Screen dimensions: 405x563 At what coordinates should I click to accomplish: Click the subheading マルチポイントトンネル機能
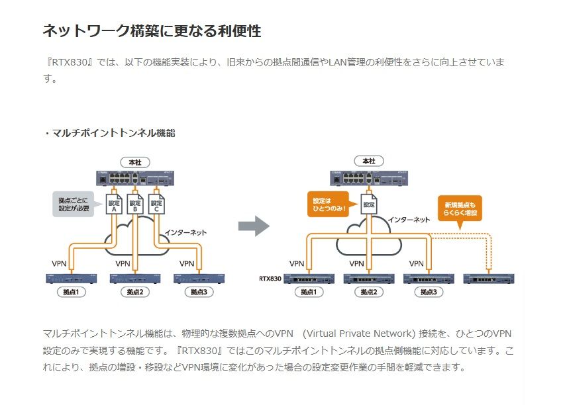click(112, 133)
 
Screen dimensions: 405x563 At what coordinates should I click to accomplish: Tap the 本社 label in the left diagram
click(134, 161)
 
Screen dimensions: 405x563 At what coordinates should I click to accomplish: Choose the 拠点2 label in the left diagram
click(134, 291)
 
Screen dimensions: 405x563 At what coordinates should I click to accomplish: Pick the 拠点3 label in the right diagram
click(425, 291)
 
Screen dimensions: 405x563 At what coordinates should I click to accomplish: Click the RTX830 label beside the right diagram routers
click(271, 279)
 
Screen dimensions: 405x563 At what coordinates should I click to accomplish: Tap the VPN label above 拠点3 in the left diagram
click(187, 263)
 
